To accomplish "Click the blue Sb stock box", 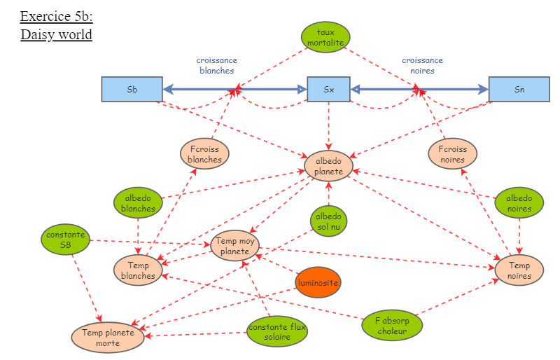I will point(132,90).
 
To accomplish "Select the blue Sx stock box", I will point(329,90).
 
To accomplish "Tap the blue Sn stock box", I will point(519,90).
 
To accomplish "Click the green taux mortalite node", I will point(325,37).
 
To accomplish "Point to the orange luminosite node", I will point(318,282).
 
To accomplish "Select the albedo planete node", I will point(328,166).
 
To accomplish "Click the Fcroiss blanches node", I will point(204,154).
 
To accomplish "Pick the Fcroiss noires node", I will point(452,154).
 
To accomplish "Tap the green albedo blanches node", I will point(138,202).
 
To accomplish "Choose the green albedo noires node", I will point(519,202).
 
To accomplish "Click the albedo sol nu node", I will point(328,221).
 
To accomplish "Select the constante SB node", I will point(65,239).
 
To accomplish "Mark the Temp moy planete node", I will point(235,245).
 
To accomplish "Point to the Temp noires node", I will point(519,270).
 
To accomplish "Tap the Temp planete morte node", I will point(108,338).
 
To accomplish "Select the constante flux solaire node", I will point(278,332).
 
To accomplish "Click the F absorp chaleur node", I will point(392,326).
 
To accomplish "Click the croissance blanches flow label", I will point(216,65).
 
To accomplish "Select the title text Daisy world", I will point(56,34).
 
